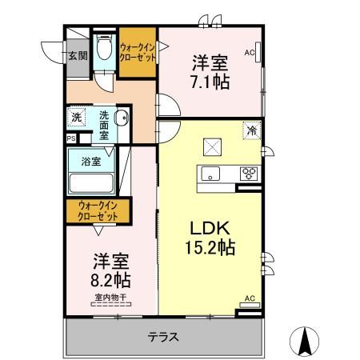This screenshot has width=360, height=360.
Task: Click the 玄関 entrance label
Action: coord(78,55)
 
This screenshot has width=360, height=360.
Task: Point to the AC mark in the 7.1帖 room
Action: coord(249,53)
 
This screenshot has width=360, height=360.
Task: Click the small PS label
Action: coord(70,138)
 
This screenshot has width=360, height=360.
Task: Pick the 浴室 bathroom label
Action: coord(90,161)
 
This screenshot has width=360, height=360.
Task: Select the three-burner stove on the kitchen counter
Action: coord(249,172)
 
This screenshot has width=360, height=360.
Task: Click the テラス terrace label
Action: coord(162,336)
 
